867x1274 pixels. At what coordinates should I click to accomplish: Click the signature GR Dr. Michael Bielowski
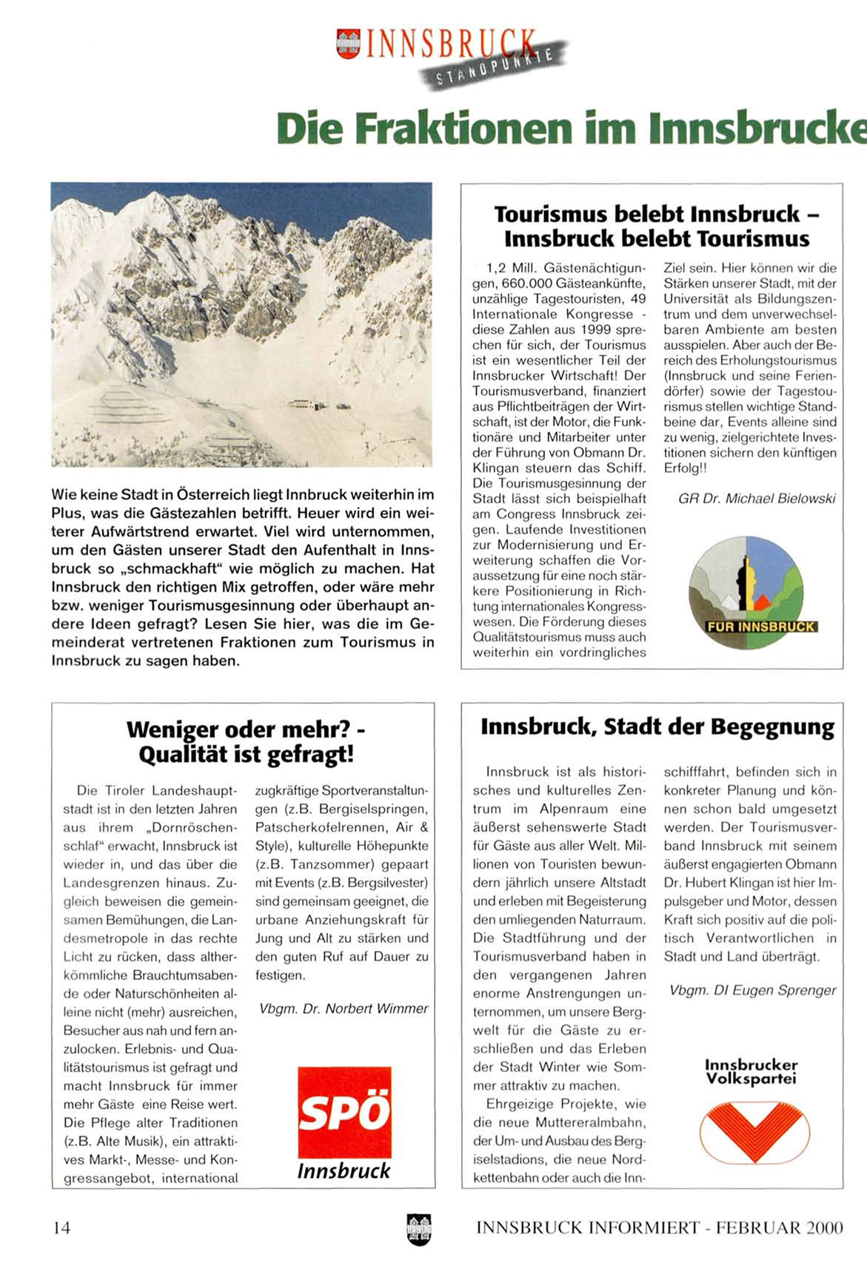pos(757,499)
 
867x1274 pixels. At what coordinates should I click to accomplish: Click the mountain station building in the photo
pos(307,405)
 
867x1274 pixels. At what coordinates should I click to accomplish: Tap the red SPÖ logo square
pos(344,1112)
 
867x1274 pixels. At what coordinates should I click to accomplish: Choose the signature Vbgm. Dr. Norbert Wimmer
pos(344,1008)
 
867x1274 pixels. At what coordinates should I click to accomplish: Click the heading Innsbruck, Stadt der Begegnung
pos(657,727)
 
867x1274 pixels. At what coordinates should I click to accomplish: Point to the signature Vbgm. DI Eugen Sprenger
pos(752,990)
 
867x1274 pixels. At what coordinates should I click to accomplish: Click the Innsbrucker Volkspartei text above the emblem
pos(751,1071)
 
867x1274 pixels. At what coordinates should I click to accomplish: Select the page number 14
pos(61,1228)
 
